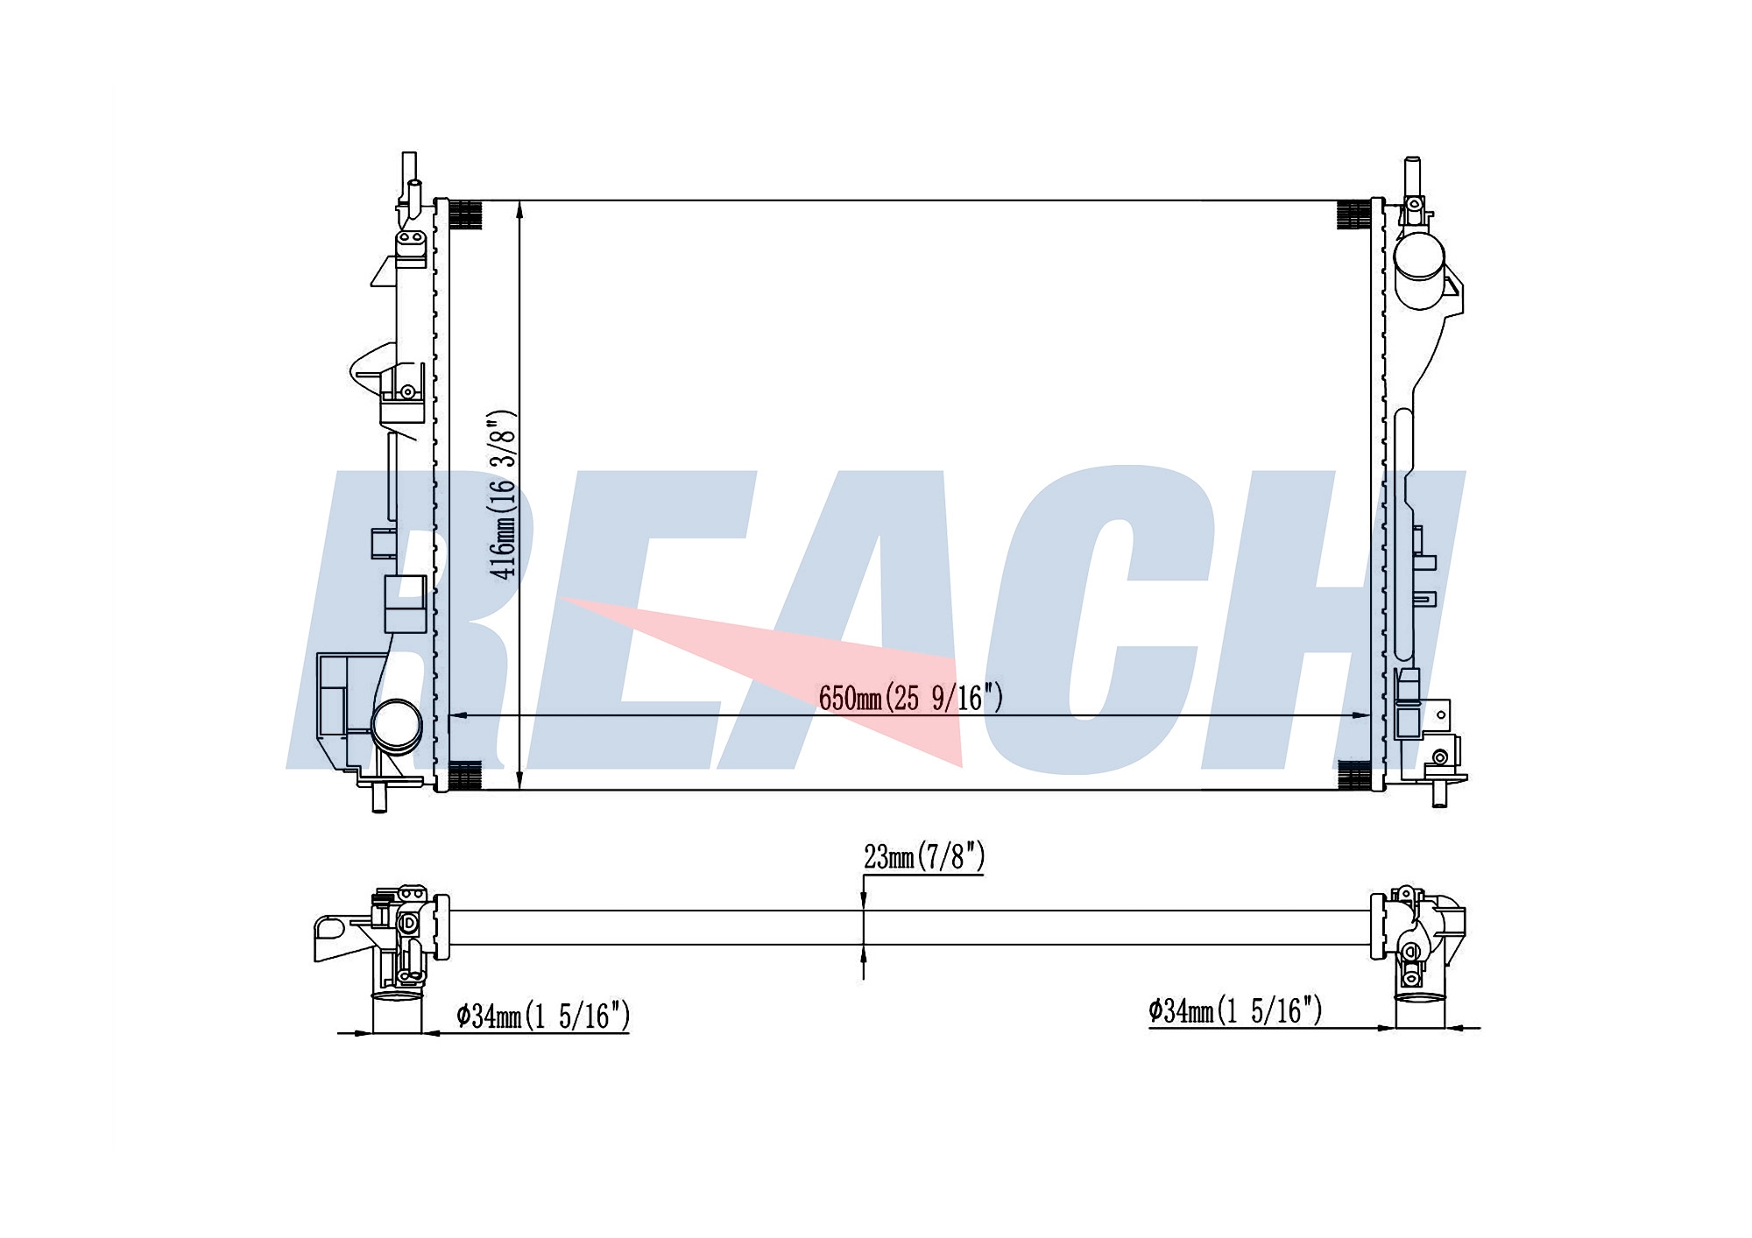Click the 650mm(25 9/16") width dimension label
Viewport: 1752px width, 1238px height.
911,698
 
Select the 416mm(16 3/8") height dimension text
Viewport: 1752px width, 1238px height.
505,495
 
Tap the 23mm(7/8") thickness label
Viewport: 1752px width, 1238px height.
924,857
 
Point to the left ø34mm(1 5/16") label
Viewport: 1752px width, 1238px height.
543,1016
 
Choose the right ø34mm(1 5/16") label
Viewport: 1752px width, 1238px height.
1235,1010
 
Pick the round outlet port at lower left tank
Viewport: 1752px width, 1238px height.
396,725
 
